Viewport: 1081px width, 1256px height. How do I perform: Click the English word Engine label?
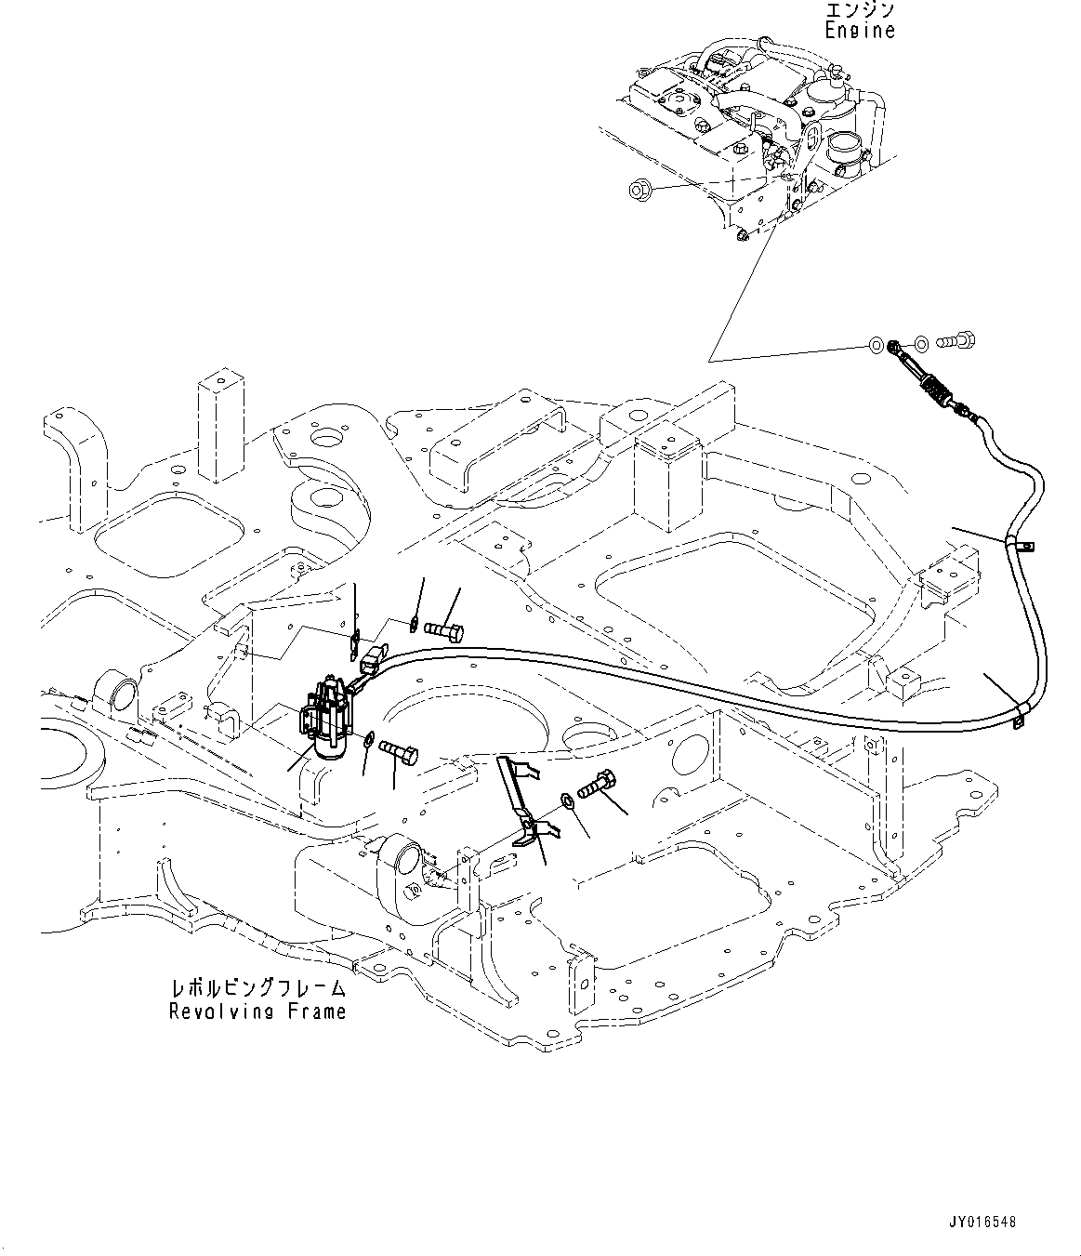pyautogui.click(x=859, y=31)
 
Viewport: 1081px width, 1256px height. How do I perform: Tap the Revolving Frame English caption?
pyautogui.click(x=257, y=1011)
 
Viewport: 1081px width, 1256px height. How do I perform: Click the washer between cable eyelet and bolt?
pyautogui.click(x=921, y=343)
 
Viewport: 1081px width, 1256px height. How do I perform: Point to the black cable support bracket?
pyautogui.click(x=523, y=801)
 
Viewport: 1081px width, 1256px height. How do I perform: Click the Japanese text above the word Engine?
pyautogui.click(x=859, y=10)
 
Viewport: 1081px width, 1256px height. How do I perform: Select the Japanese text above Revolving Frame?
pyautogui.click(x=257, y=988)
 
